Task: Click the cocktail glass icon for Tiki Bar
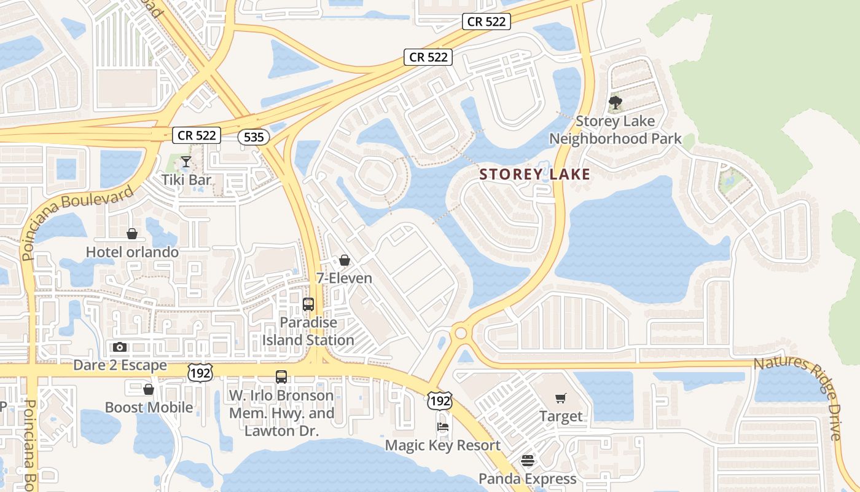[x=186, y=162]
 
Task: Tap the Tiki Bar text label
[x=186, y=180]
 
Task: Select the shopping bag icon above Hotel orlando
[x=131, y=234]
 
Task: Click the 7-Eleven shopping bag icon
[x=345, y=261]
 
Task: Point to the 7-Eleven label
[x=344, y=279]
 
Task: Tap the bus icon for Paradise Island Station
[x=308, y=304]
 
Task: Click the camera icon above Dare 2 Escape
[x=120, y=347]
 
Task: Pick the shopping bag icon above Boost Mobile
[x=148, y=389]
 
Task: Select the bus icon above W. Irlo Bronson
[x=281, y=377]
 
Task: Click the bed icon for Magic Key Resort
[x=442, y=427]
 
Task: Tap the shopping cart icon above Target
[x=561, y=399]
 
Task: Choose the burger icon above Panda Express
[x=528, y=461]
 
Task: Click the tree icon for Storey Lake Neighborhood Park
[x=615, y=103]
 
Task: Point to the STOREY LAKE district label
[x=534, y=175]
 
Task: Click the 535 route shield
[x=254, y=137]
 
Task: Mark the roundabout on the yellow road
[x=460, y=333]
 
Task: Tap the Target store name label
[x=561, y=416]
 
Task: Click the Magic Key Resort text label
[x=442, y=445]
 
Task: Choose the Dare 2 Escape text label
[x=120, y=365]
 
